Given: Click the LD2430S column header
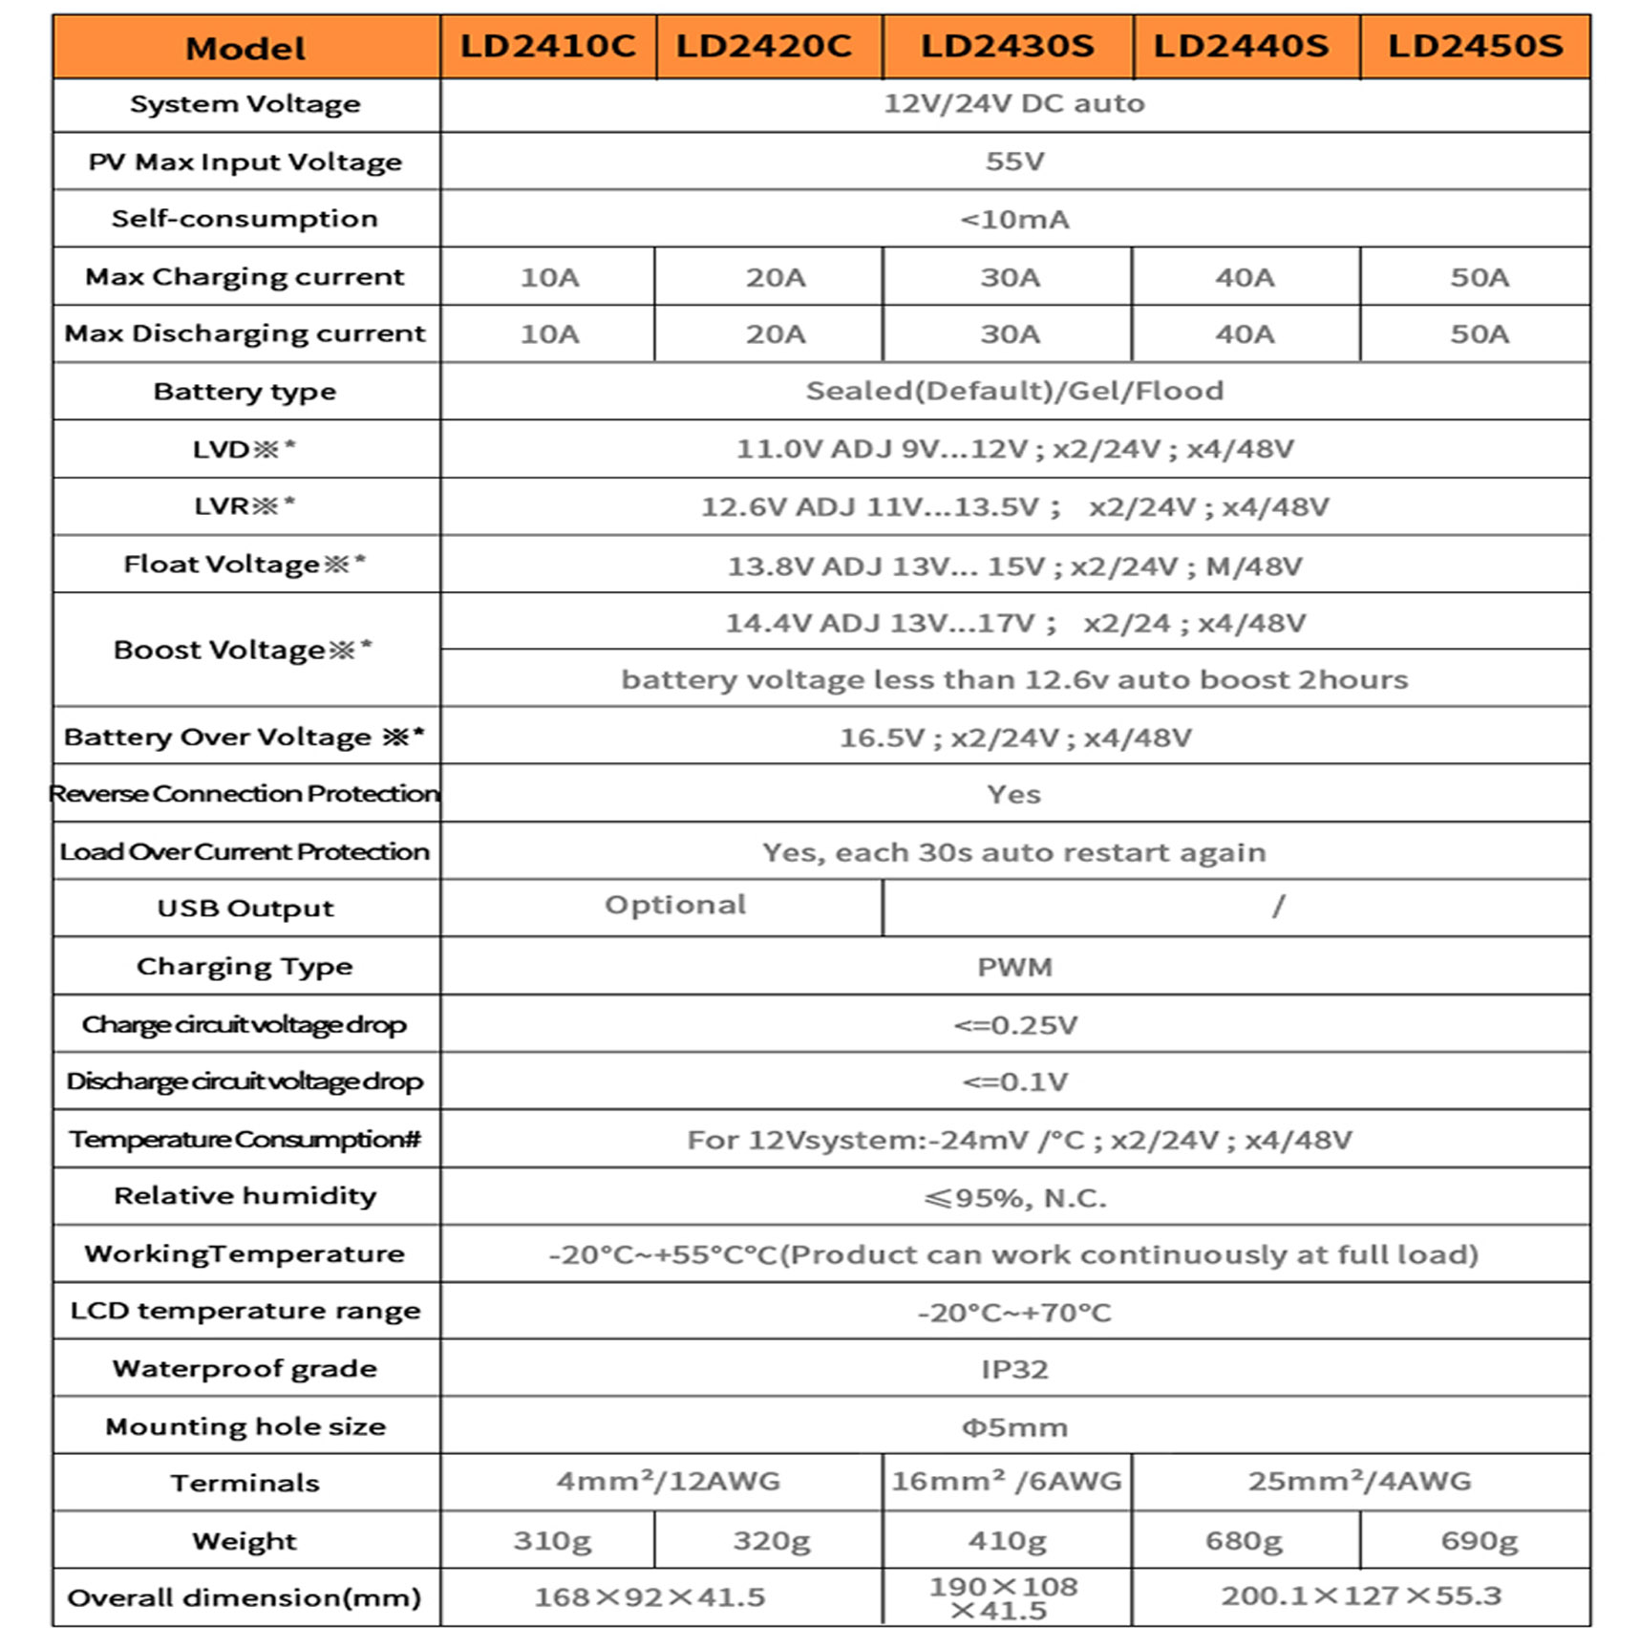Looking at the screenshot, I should tap(1007, 46).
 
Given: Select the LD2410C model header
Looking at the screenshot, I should tap(547, 46).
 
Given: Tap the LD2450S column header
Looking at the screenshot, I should tap(1475, 46).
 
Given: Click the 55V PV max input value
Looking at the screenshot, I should tap(1014, 161).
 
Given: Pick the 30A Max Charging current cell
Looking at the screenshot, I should tap(1010, 277).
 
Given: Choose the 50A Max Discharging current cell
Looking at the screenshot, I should tap(1479, 333).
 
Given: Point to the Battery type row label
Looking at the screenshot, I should tap(245, 392).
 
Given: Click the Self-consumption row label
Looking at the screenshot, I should tap(245, 219).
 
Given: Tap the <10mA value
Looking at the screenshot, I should tap(1014, 220).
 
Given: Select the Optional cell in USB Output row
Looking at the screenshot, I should tap(675, 905).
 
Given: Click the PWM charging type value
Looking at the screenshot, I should tap(1014, 967).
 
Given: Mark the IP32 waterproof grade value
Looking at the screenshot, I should tap(1014, 1369).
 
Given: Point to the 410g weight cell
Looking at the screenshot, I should tap(1007, 1541).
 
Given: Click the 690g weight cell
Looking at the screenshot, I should tap(1479, 1541).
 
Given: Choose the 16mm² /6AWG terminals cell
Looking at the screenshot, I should tap(1007, 1482).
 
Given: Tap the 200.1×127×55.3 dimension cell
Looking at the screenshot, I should tap(1361, 1595).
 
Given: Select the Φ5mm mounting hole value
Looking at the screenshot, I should tap(1014, 1427).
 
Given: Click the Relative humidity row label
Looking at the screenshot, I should tap(245, 1196).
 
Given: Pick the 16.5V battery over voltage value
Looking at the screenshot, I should tap(1014, 738).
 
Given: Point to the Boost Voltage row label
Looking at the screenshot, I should tap(243, 651).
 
